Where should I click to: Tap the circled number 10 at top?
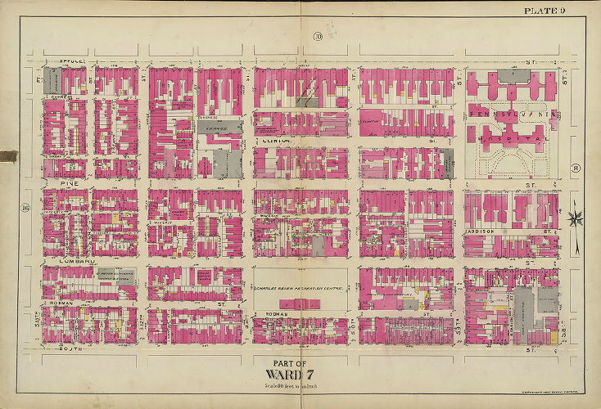point(314,34)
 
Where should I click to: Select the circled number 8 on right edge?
point(576,169)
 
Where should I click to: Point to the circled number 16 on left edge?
point(26,209)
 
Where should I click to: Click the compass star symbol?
point(576,218)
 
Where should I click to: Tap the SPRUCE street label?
point(73,61)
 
